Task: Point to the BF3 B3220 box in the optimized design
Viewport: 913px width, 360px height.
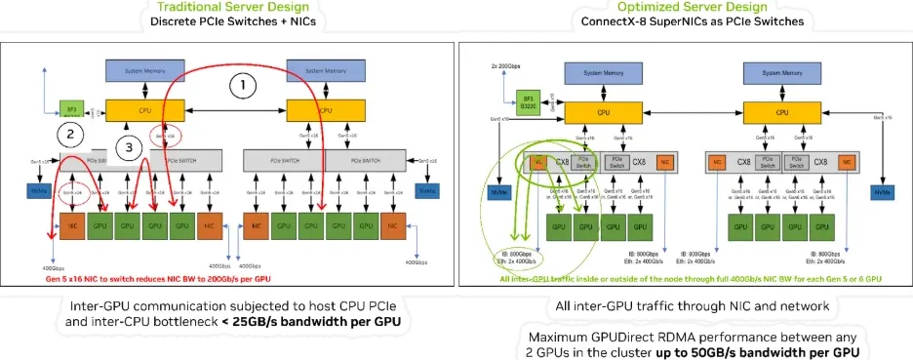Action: tap(527, 100)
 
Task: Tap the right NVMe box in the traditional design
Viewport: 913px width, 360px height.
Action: tap(428, 190)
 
